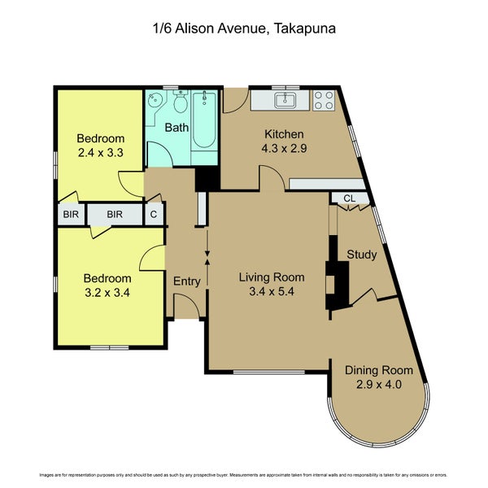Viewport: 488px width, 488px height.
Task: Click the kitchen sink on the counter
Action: coord(285,101)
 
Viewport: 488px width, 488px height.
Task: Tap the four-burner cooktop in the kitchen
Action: coord(323,101)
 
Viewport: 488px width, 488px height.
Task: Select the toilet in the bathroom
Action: coord(180,103)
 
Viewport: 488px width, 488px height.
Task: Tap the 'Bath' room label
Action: coord(176,128)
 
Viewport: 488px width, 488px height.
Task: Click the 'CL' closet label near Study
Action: coord(349,198)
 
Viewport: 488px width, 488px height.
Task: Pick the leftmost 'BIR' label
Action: coord(68,215)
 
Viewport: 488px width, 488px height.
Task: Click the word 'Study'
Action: coord(362,255)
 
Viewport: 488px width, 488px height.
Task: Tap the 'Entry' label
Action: coord(186,281)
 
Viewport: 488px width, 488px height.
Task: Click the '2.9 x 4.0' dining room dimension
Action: coord(378,385)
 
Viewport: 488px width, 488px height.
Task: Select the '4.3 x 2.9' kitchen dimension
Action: coord(283,149)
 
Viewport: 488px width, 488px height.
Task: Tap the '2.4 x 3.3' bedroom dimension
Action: coord(101,152)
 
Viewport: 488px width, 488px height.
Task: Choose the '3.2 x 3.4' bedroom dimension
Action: coord(107,292)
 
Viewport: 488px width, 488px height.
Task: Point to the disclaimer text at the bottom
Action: coord(244,473)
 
